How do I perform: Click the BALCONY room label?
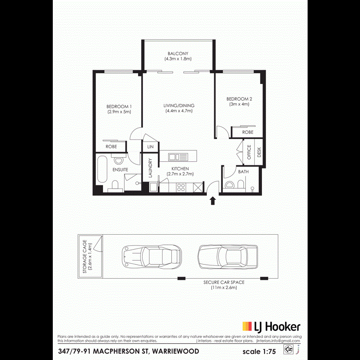(x=178, y=54)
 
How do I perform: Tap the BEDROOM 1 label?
(x=119, y=106)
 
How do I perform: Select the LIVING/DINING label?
(x=179, y=106)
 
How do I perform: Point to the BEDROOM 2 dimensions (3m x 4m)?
(x=239, y=104)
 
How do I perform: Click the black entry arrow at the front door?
(x=213, y=200)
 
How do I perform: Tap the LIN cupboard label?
(x=150, y=147)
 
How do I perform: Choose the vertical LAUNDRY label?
(x=150, y=168)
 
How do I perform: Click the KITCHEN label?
(x=180, y=169)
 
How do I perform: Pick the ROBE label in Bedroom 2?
(x=248, y=132)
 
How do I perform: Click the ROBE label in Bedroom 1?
(x=111, y=147)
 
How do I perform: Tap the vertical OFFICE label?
(x=249, y=152)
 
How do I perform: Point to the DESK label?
(x=259, y=152)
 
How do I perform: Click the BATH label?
(x=243, y=172)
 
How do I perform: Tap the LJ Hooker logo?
(x=271, y=327)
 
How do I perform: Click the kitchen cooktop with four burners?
(x=180, y=186)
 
